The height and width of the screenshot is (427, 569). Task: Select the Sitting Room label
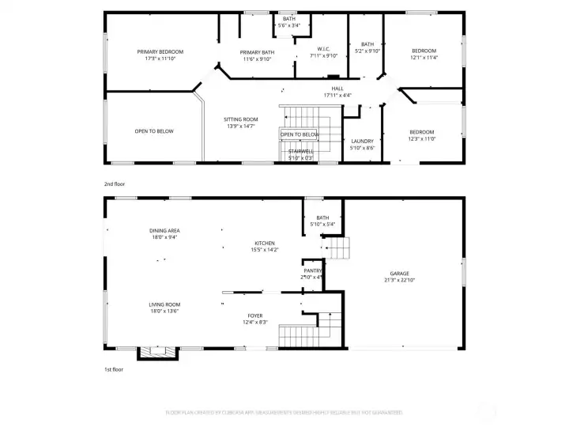241,119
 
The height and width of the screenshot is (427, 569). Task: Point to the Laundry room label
362,142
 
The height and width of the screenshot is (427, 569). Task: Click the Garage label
399,274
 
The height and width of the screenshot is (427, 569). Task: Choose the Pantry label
312,270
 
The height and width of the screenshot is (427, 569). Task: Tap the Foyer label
254,316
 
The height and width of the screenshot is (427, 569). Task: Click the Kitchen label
264,243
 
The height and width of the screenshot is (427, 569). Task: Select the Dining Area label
164,230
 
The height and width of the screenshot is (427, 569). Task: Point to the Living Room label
164,304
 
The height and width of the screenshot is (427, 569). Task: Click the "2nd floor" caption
115,183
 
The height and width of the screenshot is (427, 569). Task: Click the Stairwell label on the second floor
300,151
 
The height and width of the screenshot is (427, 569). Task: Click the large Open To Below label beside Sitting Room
154,131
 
